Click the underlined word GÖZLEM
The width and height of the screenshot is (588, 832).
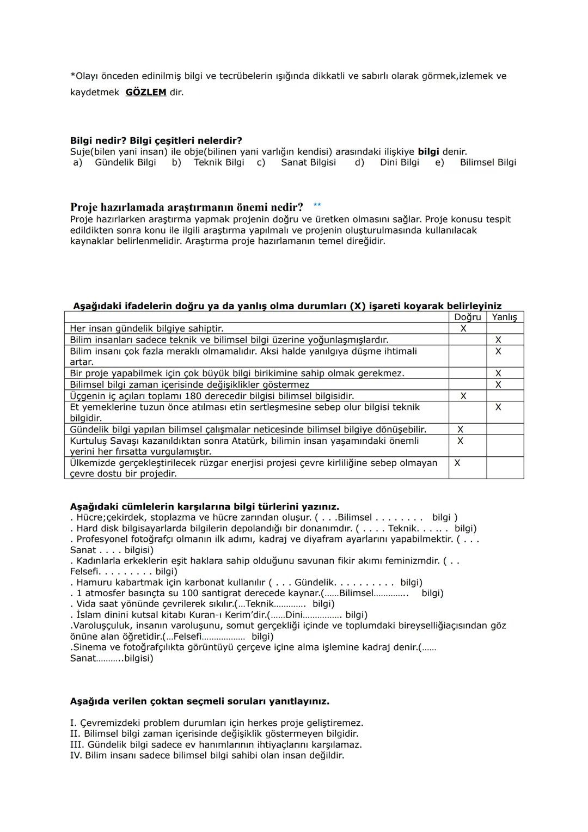pyautogui.click(x=146, y=93)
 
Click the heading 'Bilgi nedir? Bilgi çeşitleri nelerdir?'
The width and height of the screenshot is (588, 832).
pyautogui.click(x=156, y=141)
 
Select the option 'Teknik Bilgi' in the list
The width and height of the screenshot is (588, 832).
pyautogui.click(x=219, y=162)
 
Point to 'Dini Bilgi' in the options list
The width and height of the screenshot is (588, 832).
pyautogui.click(x=400, y=162)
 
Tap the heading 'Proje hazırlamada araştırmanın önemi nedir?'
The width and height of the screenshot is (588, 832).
pyautogui.click(x=187, y=207)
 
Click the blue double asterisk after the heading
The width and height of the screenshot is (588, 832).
pyautogui.click(x=317, y=205)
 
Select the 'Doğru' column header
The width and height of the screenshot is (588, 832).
pyautogui.click(x=467, y=317)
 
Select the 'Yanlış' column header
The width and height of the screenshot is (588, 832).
pyautogui.click(x=505, y=317)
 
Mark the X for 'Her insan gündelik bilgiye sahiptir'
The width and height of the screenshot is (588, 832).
pyautogui.click(x=463, y=329)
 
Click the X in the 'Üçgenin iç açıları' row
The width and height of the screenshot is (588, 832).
pyautogui.click(x=463, y=396)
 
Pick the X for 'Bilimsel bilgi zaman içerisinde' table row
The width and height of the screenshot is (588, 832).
pyautogui.click(x=498, y=385)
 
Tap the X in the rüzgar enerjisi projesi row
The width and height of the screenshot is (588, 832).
pyautogui.click(x=457, y=463)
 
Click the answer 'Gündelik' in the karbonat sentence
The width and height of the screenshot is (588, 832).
pyautogui.click(x=315, y=583)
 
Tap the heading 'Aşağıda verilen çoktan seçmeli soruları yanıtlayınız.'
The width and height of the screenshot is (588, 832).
pyautogui.click(x=200, y=701)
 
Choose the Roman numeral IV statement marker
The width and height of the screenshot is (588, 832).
pyautogui.click(x=76, y=756)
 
